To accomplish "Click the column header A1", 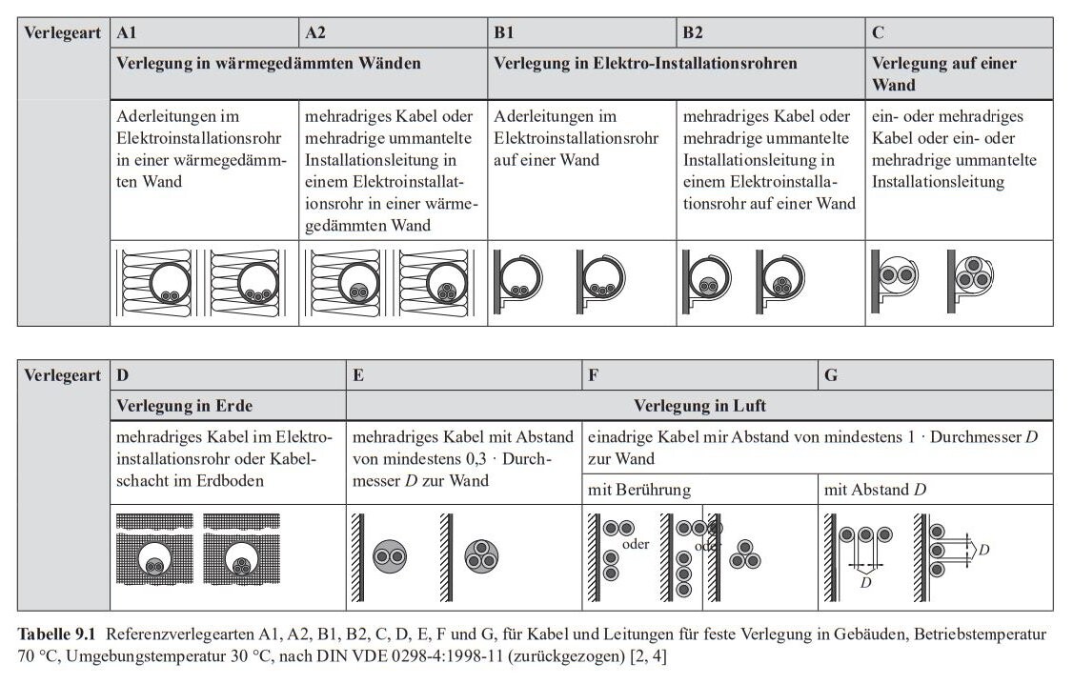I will (x=127, y=32).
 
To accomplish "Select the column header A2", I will (x=315, y=32).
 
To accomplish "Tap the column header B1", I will (x=504, y=32).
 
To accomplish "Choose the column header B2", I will (x=693, y=32).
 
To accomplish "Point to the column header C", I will (x=878, y=32).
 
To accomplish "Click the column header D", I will (x=123, y=375).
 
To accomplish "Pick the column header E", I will (x=358, y=375).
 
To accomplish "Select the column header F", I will (x=593, y=375).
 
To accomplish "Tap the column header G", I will (x=831, y=375).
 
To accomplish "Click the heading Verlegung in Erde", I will (x=184, y=406).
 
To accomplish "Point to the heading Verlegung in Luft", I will (x=699, y=406).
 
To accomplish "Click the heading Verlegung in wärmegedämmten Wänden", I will (x=269, y=63).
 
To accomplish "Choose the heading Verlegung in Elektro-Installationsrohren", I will (x=645, y=63).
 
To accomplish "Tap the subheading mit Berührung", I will (x=639, y=490).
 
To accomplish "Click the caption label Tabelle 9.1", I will (x=58, y=634).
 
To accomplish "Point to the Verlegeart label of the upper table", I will (x=63, y=32).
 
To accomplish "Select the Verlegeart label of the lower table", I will (x=63, y=375).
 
